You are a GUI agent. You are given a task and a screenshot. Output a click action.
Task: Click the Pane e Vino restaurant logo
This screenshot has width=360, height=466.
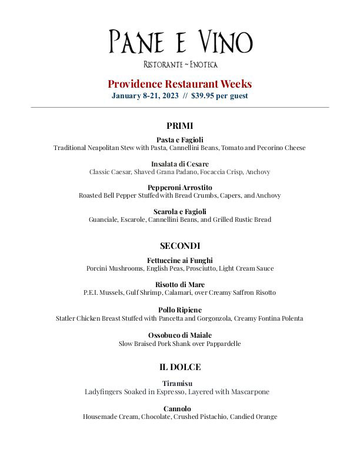[180, 42]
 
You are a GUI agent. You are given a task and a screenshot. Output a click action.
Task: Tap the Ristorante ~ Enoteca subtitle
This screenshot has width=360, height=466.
[180, 64]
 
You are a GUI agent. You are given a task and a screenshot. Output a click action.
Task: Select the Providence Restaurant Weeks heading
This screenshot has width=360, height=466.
[180, 84]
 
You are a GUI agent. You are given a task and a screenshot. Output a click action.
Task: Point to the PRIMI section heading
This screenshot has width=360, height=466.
[180, 125]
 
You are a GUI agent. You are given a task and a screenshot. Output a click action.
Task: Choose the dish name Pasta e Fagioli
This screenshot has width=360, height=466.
[180, 139]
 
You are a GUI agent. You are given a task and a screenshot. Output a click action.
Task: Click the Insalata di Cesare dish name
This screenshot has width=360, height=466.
[180, 164]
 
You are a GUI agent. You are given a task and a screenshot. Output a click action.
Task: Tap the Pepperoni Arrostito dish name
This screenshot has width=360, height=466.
[180, 188]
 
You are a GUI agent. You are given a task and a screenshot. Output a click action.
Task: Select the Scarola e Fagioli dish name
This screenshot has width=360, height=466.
[180, 211]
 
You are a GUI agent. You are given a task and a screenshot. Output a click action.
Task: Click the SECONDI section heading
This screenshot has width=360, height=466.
[180, 245]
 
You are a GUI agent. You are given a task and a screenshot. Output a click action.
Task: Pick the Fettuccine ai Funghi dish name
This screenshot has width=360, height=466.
[180, 260]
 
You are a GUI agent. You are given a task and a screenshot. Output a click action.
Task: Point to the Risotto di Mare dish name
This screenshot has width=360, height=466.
[180, 284]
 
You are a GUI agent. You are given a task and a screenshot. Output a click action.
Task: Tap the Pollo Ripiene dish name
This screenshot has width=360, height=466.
[180, 309]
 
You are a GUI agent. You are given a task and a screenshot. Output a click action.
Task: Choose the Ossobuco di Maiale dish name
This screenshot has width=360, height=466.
[180, 335]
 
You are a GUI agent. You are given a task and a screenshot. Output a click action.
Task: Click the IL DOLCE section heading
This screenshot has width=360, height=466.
[180, 367]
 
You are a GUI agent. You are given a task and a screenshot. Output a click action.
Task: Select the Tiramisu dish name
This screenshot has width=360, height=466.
[180, 384]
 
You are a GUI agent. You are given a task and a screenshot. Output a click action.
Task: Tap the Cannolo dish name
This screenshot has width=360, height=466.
[180, 408]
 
